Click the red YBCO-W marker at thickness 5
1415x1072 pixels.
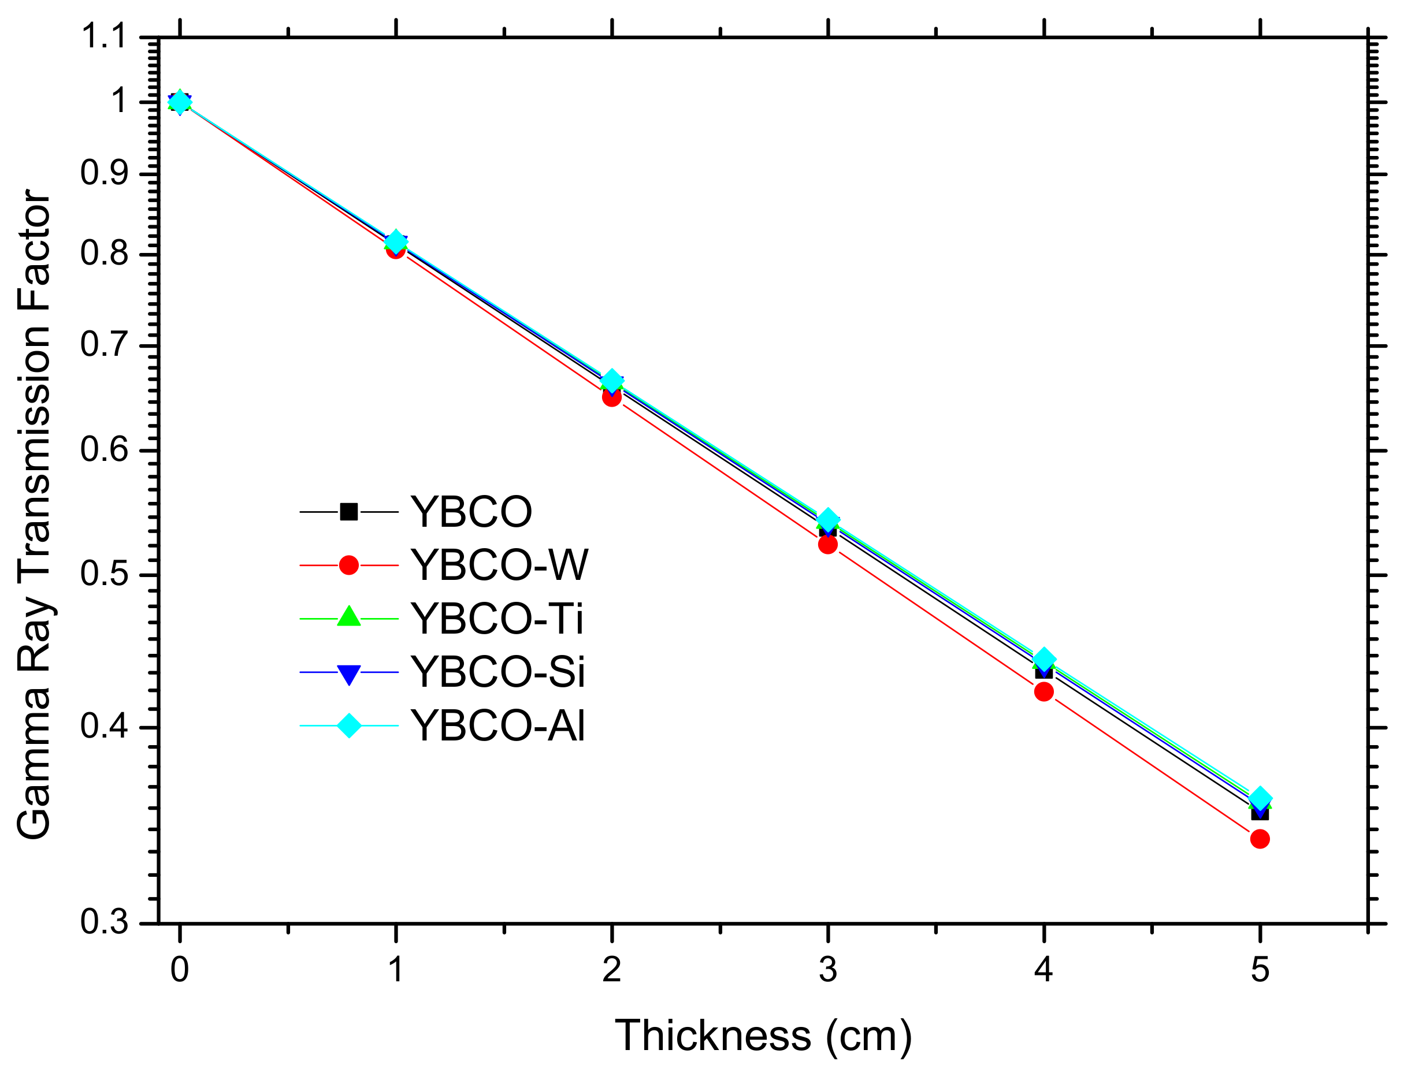click(1260, 839)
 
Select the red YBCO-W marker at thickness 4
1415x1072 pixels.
click(1043, 691)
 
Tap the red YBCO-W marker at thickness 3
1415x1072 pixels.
click(827, 544)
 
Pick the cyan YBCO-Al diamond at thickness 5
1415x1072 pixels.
click(1260, 799)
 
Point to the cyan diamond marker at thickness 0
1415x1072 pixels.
click(180, 102)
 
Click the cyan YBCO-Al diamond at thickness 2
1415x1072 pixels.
click(611, 381)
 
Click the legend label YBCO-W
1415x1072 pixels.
click(499, 565)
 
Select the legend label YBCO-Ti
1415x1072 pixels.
click(496, 619)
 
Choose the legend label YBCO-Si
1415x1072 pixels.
click(497, 672)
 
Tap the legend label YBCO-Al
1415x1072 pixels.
click(497, 726)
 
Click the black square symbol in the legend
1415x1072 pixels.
click(348, 512)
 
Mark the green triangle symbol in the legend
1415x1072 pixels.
click(348, 617)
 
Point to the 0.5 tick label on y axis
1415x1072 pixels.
click(104, 574)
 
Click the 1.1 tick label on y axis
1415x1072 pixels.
click(104, 36)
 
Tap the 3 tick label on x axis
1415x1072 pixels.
click(827, 970)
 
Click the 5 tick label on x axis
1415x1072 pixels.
click(1260, 970)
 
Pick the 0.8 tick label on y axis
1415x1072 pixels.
click(104, 254)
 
